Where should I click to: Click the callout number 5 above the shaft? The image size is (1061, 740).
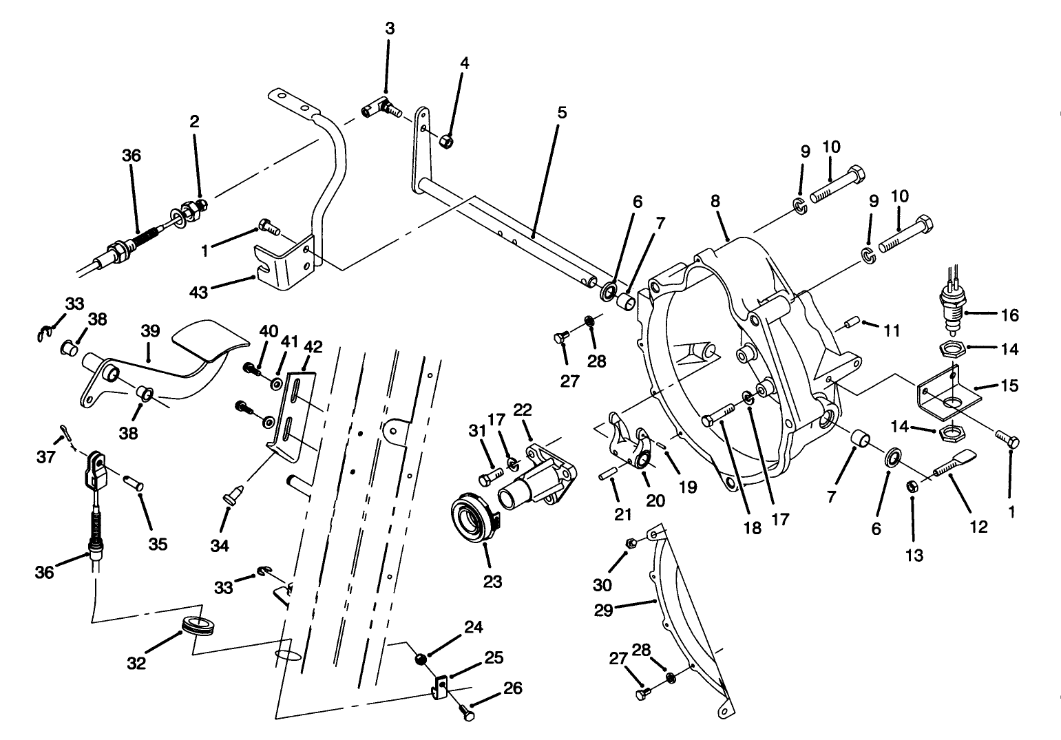point(562,112)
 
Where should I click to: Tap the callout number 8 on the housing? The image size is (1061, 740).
point(715,201)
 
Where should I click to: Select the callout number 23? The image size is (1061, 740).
point(492,582)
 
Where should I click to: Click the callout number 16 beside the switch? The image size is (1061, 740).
point(1010,315)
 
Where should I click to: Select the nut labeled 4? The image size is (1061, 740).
point(446,142)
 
